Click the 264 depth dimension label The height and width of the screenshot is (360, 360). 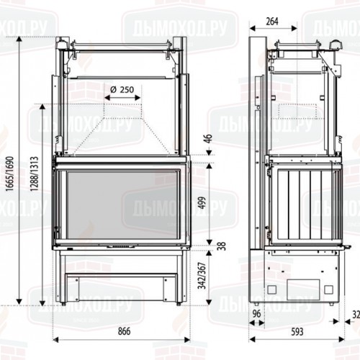271,21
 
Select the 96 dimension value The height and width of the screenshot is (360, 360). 257,314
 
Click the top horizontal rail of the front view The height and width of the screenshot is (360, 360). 120,48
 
